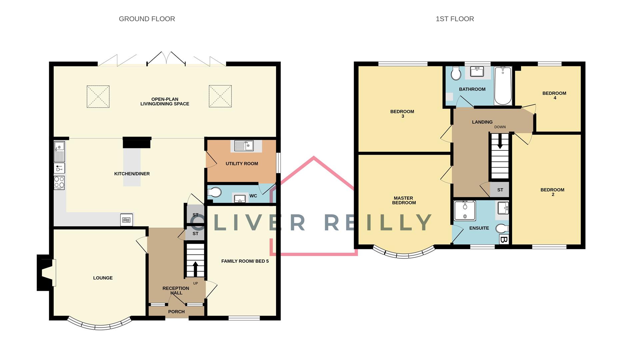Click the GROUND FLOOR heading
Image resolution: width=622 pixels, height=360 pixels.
[147, 19]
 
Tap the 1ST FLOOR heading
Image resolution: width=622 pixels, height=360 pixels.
[455, 19]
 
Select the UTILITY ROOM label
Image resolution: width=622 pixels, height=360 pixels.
[242, 164]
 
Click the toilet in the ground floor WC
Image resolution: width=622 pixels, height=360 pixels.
[215, 192]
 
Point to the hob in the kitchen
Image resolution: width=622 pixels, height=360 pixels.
[59, 183]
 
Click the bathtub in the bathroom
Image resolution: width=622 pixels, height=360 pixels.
[503, 86]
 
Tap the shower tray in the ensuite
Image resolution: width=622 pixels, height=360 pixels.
[465, 210]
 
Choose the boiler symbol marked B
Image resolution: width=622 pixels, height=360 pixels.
[504, 239]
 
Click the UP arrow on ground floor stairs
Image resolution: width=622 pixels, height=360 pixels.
[195, 268]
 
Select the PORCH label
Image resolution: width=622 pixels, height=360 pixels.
[176, 312]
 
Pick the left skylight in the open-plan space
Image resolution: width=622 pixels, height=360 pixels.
[98, 97]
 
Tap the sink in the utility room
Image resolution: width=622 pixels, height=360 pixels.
[244, 146]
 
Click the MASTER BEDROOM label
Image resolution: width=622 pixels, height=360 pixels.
[404, 200]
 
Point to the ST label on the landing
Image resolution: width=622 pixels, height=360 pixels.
[500, 190]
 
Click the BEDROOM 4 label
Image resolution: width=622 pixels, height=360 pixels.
[554, 96]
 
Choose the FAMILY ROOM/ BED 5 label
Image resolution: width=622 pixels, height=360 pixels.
[245, 261]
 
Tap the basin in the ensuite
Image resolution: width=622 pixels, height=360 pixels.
[503, 208]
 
